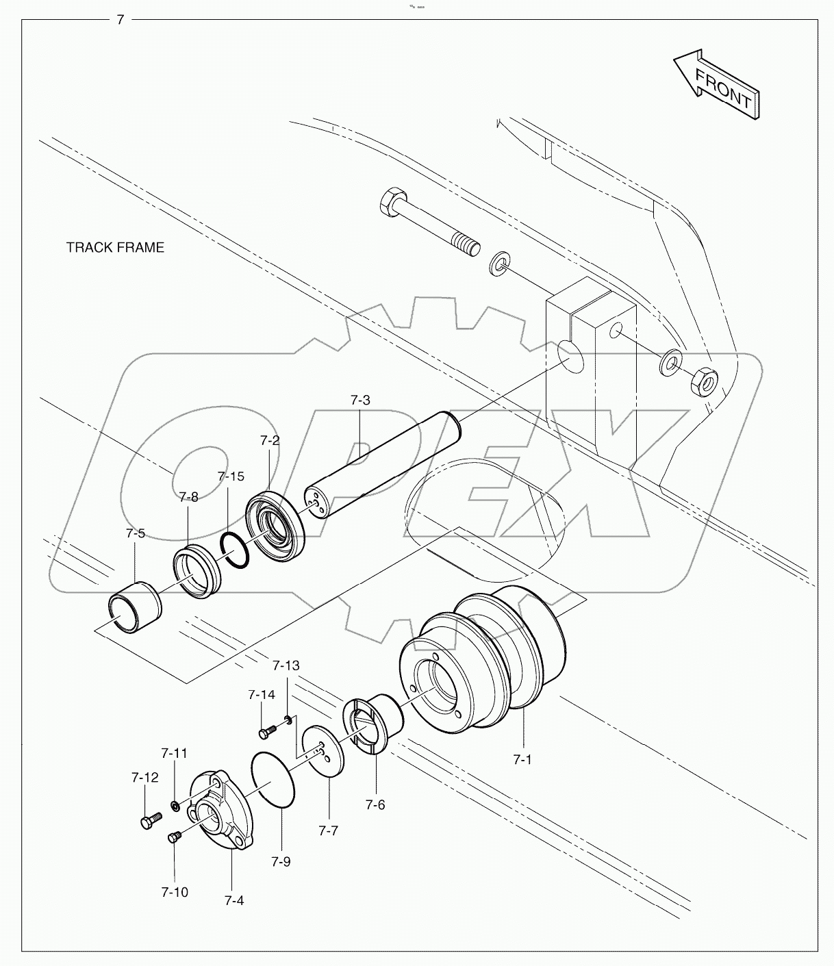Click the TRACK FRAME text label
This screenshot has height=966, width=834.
pyautogui.click(x=115, y=247)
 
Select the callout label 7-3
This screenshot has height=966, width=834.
pyautogui.click(x=360, y=400)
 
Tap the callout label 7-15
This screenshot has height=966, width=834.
pyautogui.click(x=231, y=476)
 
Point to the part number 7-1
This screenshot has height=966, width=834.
pyautogui.click(x=522, y=759)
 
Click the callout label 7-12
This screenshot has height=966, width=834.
pyautogui.click(x=144, y=777)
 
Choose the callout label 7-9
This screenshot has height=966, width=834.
pyautogui.click(x=281, y=861)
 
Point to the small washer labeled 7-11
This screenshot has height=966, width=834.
pyautogui.click(x=175, y=806)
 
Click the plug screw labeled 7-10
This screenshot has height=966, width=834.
pyautogui.click(x=173, y=836)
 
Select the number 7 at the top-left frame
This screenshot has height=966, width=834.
pyautogui.click(x=120, y=20)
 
